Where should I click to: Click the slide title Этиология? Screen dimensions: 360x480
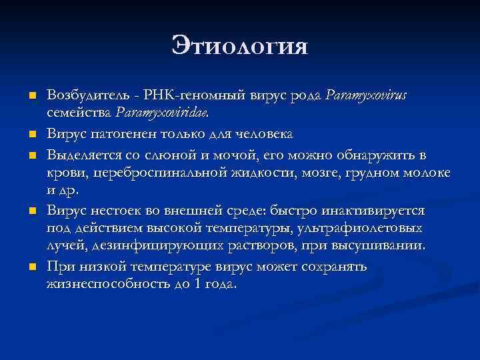(240, 46)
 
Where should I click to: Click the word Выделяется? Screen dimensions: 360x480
(81, 156)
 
